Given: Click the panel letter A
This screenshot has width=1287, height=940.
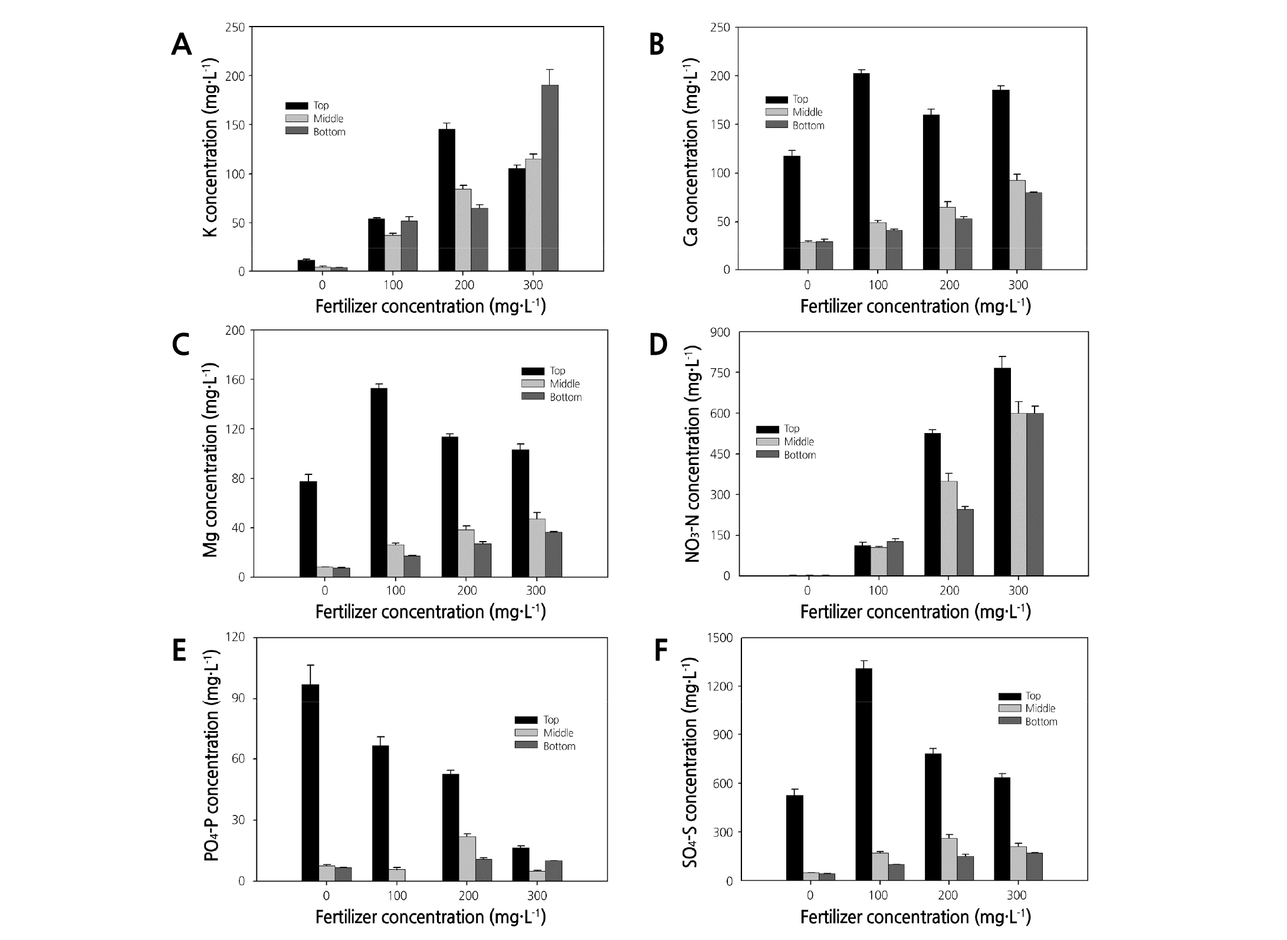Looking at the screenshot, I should coord(181,45).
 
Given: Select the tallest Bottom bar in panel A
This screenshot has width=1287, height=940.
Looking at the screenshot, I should coord(550,178).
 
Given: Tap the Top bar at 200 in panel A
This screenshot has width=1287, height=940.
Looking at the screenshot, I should coord(446,200).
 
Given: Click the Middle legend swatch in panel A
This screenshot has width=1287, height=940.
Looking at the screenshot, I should coord(297,119).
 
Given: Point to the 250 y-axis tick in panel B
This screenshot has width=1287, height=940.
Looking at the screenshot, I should coord(720,28).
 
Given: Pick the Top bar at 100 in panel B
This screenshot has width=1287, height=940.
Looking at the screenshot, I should coord(861,172).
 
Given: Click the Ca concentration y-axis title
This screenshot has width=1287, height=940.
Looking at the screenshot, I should coord(691,152).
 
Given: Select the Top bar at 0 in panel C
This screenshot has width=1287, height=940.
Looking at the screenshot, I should coord(308,529).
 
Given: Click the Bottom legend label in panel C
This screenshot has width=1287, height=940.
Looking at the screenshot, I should coord(566,397).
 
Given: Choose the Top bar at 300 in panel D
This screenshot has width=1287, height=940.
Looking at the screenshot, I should coord(1002,471).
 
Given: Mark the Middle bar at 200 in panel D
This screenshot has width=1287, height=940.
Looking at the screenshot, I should coord(948,528).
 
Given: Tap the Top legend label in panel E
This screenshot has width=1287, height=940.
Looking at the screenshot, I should coord(551,720).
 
